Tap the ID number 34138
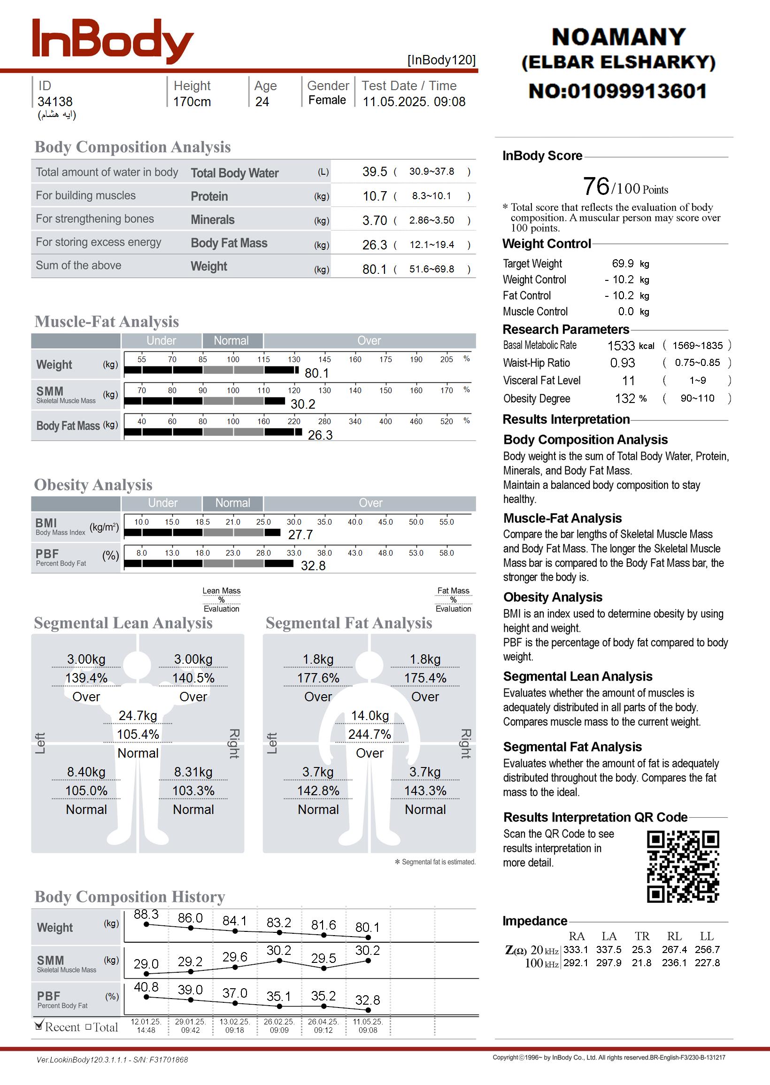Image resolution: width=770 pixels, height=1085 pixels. (55, 102)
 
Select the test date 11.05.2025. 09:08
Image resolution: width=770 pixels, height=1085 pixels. (414, 102)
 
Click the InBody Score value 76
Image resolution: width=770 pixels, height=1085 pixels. (596, 186)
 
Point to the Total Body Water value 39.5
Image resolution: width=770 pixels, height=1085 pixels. (375, 171)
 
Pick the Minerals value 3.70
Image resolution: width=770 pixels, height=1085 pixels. (375, 220)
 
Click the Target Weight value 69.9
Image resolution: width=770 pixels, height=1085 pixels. (623, 263)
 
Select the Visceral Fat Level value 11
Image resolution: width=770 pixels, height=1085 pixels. (628, 381)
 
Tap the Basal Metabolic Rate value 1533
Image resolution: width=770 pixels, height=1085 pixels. (621, 346)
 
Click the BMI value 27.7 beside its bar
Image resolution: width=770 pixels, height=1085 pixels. (300, 535)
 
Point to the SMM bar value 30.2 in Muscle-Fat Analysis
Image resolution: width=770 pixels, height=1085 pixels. (302, 404)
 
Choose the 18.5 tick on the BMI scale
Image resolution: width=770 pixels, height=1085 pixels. (202, 522)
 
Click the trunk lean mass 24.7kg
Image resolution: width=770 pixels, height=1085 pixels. (138, 716)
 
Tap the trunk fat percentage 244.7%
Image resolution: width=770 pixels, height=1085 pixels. (370, 735)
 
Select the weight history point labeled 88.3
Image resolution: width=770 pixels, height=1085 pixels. (146, 924)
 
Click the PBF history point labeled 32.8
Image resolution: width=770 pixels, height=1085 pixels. (368, 1010)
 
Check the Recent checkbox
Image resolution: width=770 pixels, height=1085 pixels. (39, 1027)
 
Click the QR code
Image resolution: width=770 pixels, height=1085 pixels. (683, 867)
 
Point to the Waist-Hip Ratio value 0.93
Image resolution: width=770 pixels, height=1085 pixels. (622, 363)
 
